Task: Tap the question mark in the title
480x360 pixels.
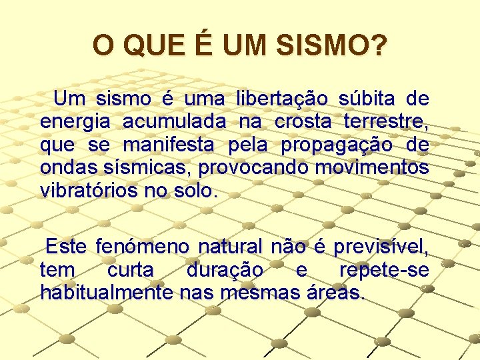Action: (x=378, y=46)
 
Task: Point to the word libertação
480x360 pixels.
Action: (x=281, y=100)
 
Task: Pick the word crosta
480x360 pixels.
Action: (x=303, y=123)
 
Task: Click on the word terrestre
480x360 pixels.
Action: (x=386, y=123)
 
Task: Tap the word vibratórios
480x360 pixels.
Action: (x=88, y=190)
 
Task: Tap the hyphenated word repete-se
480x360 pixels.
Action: (x=384, y=271)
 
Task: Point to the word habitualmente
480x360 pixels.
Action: (x=107, y=293)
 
